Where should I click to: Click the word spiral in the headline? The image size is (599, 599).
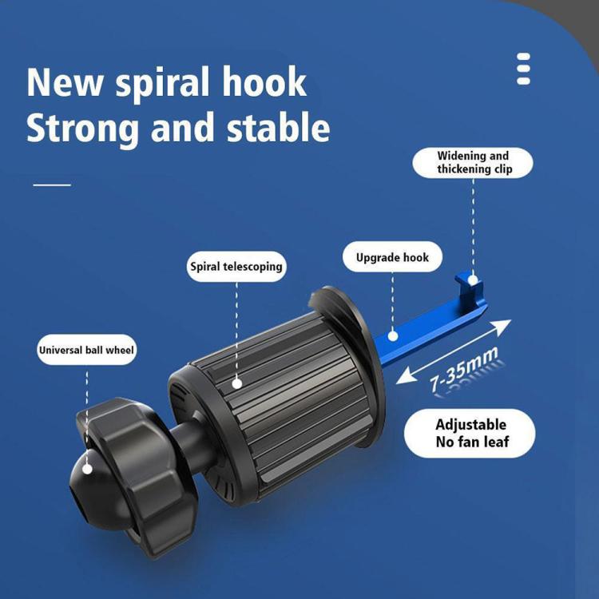163,84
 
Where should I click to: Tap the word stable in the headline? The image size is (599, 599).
279,128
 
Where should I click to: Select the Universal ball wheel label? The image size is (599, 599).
87,350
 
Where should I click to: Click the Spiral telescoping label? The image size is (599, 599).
236,267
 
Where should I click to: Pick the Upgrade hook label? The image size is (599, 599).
392,257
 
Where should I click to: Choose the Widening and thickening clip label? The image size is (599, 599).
473,163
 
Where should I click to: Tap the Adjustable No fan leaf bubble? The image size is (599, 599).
470,434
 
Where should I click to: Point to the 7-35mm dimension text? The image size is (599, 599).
464,370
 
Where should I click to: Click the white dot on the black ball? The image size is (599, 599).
88,470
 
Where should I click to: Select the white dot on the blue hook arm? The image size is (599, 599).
393,336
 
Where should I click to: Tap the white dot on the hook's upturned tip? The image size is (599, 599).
473,280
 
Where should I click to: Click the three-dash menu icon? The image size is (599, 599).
523,69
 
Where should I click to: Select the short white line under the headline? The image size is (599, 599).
52,185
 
